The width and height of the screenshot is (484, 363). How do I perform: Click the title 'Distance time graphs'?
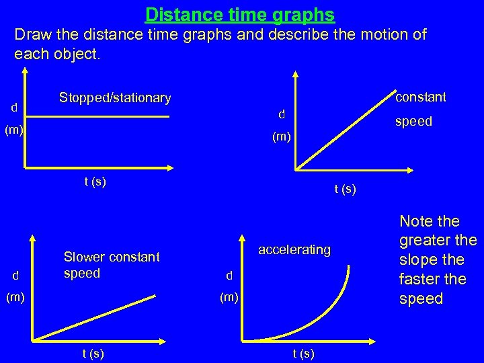tap(240, 13)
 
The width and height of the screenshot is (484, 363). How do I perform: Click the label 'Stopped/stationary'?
tap(115, 98)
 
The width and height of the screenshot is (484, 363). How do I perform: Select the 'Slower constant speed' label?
tap(112, 265)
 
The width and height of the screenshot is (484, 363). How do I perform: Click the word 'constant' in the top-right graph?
tap(421, 97)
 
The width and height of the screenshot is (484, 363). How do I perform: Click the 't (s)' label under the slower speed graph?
tap(92, 354)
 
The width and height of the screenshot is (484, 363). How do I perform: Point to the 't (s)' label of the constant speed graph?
tap(345, 190)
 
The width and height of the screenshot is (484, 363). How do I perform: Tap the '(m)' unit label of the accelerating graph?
tap(229, 296)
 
